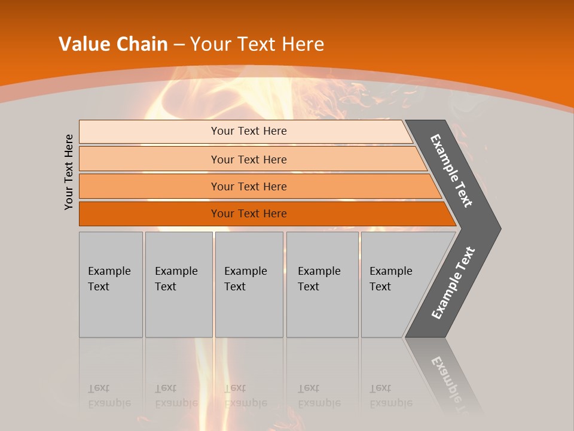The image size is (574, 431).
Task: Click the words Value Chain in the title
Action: [113, 44]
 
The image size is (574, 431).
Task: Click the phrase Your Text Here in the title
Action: [257, 44]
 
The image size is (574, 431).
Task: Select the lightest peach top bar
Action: [248, 131]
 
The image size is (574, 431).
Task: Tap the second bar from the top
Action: [248, 159]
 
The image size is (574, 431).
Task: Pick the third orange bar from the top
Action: [248, 186]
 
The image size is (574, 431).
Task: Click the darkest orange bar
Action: [248, 214]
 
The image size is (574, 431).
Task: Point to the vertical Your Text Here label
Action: [69, 172]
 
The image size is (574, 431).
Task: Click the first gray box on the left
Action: [111, 284]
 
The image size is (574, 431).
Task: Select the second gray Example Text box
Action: [178, 284]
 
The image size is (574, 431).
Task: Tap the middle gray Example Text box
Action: [249, 284]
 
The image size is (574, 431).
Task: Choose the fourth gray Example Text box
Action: [322, 284]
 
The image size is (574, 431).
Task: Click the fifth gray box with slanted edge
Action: [395, 284]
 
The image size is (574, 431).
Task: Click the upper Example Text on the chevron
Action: [451, 171]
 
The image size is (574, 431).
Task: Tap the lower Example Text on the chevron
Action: [453, 283]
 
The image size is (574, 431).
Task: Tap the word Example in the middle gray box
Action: [245, 271]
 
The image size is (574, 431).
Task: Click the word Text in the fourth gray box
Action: [309, 287]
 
